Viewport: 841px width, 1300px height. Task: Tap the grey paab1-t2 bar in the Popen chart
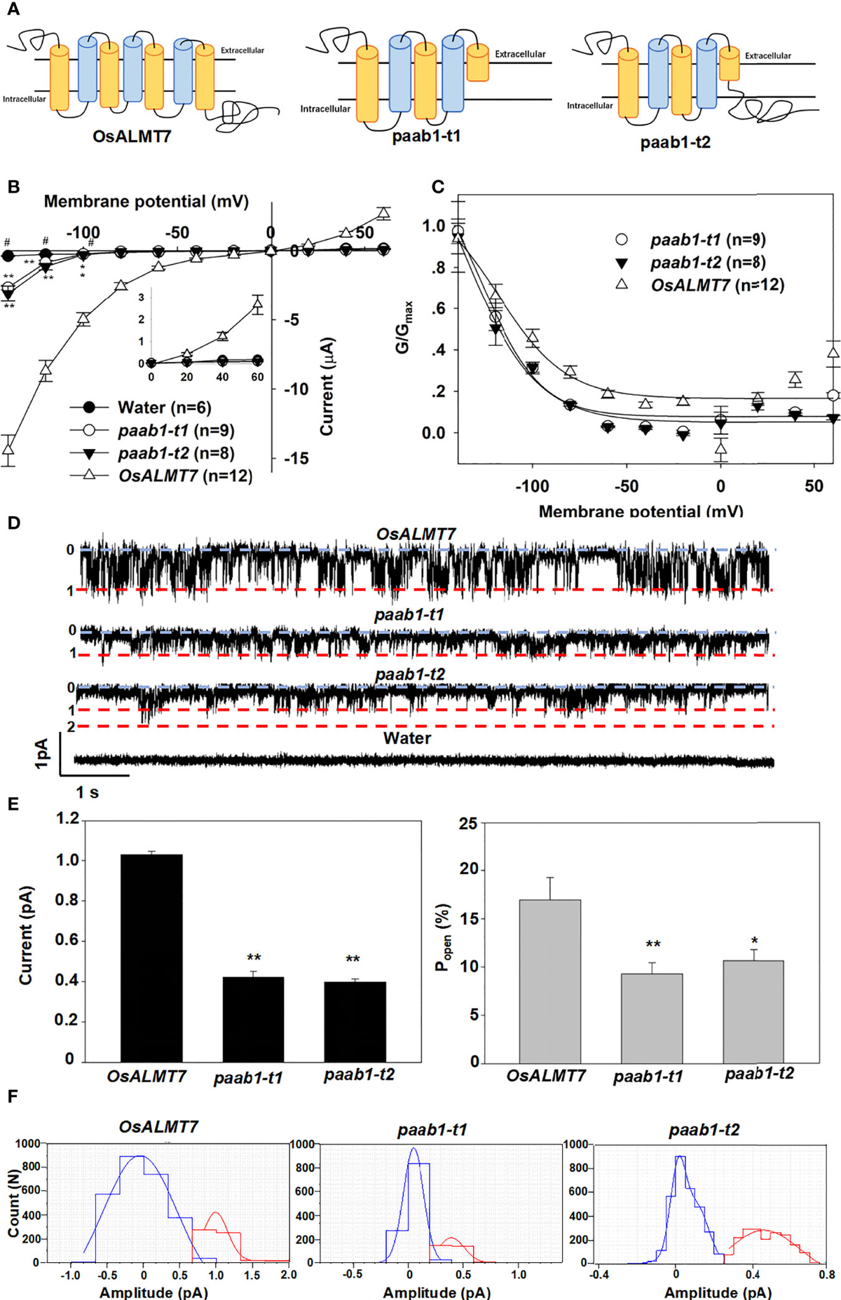[x=753, y=1011]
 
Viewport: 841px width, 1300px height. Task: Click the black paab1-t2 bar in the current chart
[x=355, y=1022]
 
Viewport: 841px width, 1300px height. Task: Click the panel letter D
[x=13, y=524]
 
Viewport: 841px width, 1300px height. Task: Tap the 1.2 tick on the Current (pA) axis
[x=67, y=819]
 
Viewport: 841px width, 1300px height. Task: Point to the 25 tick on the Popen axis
[x=467, y=824]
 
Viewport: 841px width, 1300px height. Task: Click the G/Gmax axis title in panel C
[x=404, y=328]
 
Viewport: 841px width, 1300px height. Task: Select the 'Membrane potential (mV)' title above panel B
[x=146, y=202]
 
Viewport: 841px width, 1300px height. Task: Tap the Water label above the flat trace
[x=406, y=738]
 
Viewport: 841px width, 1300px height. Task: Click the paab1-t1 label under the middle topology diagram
[x=426, y=136]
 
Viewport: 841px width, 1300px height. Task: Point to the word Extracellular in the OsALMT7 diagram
[x=242, y=50]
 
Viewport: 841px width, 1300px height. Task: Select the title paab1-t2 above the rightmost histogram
[x=704, y=1130]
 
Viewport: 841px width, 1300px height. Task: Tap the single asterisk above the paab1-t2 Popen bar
[x=754, y=941]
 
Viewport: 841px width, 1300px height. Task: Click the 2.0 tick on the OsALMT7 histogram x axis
[x=288, y=1275]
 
